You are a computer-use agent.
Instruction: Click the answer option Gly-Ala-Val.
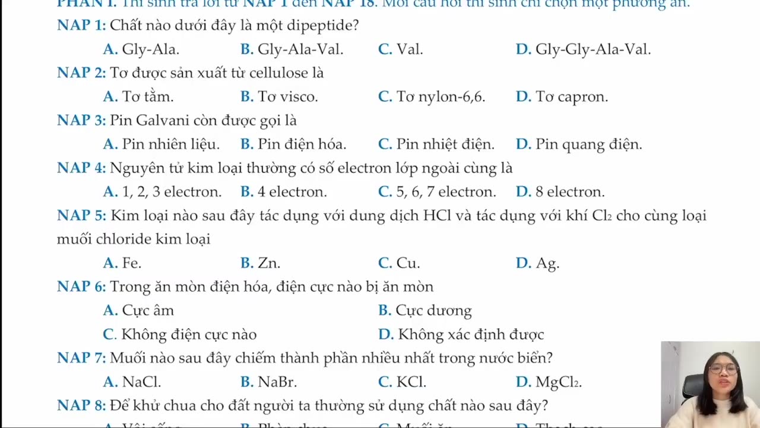(x=300, y=49)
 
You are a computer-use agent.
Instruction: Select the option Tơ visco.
(x=287, y=97)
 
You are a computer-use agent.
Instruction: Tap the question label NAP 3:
(x=81, y=121)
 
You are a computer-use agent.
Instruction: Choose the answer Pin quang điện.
(x=588, y=144)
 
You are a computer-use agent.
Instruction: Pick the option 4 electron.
(x=292, y=192)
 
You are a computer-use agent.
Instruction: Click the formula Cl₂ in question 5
(x=602, y=216)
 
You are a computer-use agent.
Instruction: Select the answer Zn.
(x=268, y=263)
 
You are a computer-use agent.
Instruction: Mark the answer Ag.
(x=547, y=263)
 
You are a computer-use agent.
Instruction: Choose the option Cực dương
(x=433, y=311)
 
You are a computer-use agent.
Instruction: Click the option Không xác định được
(x=471, y=335)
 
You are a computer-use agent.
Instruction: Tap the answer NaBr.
(x=277, y=382)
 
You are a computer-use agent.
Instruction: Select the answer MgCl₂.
(x=558, y=382)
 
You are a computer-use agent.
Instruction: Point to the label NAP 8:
(x=81, y=406)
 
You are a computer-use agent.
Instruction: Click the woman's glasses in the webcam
(x=723, y=369)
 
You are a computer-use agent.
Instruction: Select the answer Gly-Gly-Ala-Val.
(x=593, y=49)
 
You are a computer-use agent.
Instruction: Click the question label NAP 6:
(x=81, y=287)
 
